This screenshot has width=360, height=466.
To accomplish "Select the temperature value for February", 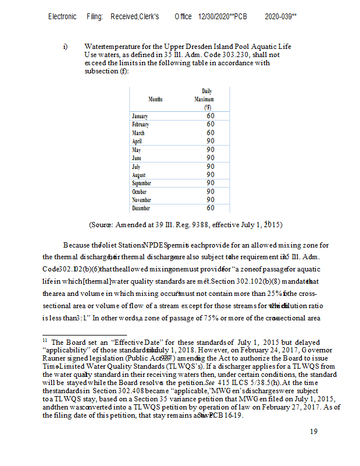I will tap(210, 124).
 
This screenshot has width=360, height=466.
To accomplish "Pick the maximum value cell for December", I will tap(210, 207).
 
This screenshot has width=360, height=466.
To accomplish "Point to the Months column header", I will tap(155, 100).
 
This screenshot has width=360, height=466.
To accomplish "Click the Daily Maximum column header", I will tap(207, 99).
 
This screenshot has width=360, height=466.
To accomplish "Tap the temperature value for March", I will tap(210, 132).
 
